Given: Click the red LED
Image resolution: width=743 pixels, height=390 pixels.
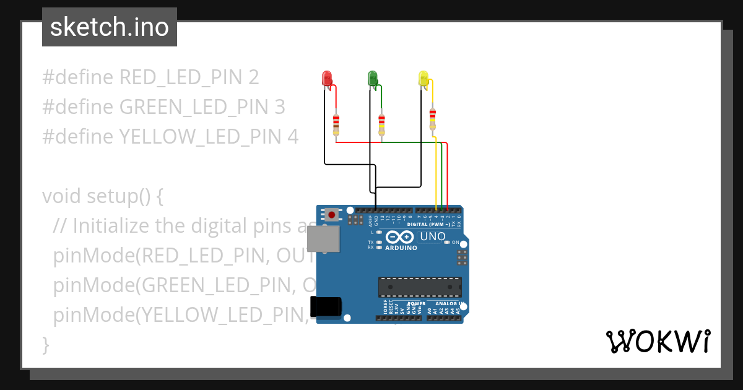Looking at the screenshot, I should tap(327, 78).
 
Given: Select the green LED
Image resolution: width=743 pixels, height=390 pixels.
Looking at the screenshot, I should tap(373, 78).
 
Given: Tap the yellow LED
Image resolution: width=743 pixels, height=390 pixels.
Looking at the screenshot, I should tap(424, 78).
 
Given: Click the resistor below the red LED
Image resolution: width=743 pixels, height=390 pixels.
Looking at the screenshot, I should tap(336, 124).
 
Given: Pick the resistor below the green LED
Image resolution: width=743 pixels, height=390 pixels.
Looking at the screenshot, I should tap(381, 124).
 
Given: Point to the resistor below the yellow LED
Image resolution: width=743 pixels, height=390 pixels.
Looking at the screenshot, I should tap(432, 118).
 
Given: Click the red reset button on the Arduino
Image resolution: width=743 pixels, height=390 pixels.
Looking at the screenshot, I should tap(332, 215).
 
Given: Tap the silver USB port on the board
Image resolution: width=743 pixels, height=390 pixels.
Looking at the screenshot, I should tap(323, 239).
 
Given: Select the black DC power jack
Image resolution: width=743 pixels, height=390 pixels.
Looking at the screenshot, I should tap(325, 307).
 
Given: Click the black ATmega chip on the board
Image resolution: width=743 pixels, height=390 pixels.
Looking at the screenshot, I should tap(420, 287).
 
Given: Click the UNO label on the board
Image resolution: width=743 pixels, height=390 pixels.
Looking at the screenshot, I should tap(433, 236).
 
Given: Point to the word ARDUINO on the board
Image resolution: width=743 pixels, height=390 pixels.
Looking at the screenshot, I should tap(401, 248).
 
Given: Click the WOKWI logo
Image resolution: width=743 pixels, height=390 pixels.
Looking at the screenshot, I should tap(658, 341).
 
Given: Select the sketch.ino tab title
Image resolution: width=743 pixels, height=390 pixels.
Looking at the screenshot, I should tap(110, 27).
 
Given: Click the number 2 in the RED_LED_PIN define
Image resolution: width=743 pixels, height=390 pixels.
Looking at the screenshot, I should tap(253, 77).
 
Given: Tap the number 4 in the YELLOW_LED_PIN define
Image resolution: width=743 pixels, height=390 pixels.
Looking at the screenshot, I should tap(293, 137).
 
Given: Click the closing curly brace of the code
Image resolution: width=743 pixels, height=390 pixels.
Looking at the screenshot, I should tap(45, 344).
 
